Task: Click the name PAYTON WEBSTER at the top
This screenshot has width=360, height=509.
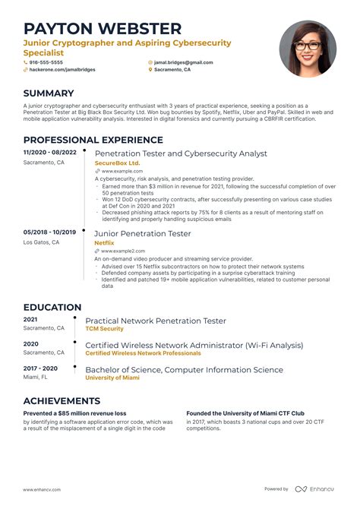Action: tap(103, 29)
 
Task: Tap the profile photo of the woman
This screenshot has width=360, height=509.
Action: tap(307, 48)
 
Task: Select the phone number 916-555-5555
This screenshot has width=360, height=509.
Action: tap(47, 62)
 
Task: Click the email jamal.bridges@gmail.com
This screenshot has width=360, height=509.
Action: tap(184, 62)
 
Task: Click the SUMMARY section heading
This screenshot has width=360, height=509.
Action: tap(49, 93)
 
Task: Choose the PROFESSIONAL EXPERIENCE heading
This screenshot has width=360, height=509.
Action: tap(93, 140)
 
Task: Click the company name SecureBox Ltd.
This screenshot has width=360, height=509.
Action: tap(117, 163)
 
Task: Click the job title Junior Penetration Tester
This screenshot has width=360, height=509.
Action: tap(143, 232)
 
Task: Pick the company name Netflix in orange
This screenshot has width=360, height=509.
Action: tap(104, 242)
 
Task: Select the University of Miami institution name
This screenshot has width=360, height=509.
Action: tap(113, 378)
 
